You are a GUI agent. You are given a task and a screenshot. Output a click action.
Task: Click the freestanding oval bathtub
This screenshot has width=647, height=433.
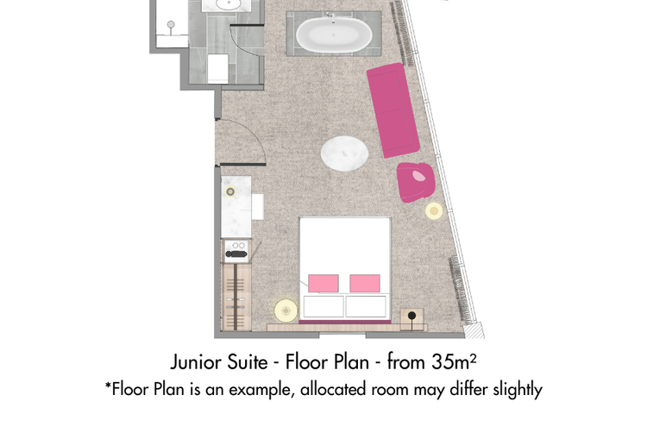click(334, 35)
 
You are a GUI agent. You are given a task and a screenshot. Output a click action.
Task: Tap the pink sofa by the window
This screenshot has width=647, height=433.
click(393, 110)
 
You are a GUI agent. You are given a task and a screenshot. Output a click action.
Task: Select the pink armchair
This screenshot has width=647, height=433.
click(416, 182)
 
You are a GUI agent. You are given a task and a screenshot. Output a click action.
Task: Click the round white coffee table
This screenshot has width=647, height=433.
click(344, 153)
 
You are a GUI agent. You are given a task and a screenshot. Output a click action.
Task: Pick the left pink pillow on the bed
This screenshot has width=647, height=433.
click(323, 283)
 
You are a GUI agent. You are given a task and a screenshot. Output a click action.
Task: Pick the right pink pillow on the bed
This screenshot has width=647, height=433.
click(365, 283)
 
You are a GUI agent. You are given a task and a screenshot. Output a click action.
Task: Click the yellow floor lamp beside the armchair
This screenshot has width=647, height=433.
click(434, 211)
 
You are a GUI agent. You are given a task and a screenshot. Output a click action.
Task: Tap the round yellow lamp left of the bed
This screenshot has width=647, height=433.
click(286, 311)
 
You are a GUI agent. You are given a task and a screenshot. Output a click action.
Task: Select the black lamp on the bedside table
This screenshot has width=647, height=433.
click(411, 317)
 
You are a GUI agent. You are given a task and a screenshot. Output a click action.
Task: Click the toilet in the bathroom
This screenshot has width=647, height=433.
click(218, 68)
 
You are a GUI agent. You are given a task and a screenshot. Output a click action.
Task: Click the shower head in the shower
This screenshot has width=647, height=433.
click(171, 25)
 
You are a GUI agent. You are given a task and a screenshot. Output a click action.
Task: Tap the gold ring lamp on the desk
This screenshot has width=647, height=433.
click(230, 191)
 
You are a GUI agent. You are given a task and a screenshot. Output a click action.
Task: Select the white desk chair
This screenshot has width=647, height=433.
click(257, 207)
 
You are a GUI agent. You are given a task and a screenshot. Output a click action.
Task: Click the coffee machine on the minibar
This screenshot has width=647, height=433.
click(236, 251)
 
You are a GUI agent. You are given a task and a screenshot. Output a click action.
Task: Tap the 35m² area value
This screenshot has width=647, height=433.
click(454, 361)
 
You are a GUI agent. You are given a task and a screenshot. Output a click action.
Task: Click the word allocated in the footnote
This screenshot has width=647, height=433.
click(333, 389)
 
